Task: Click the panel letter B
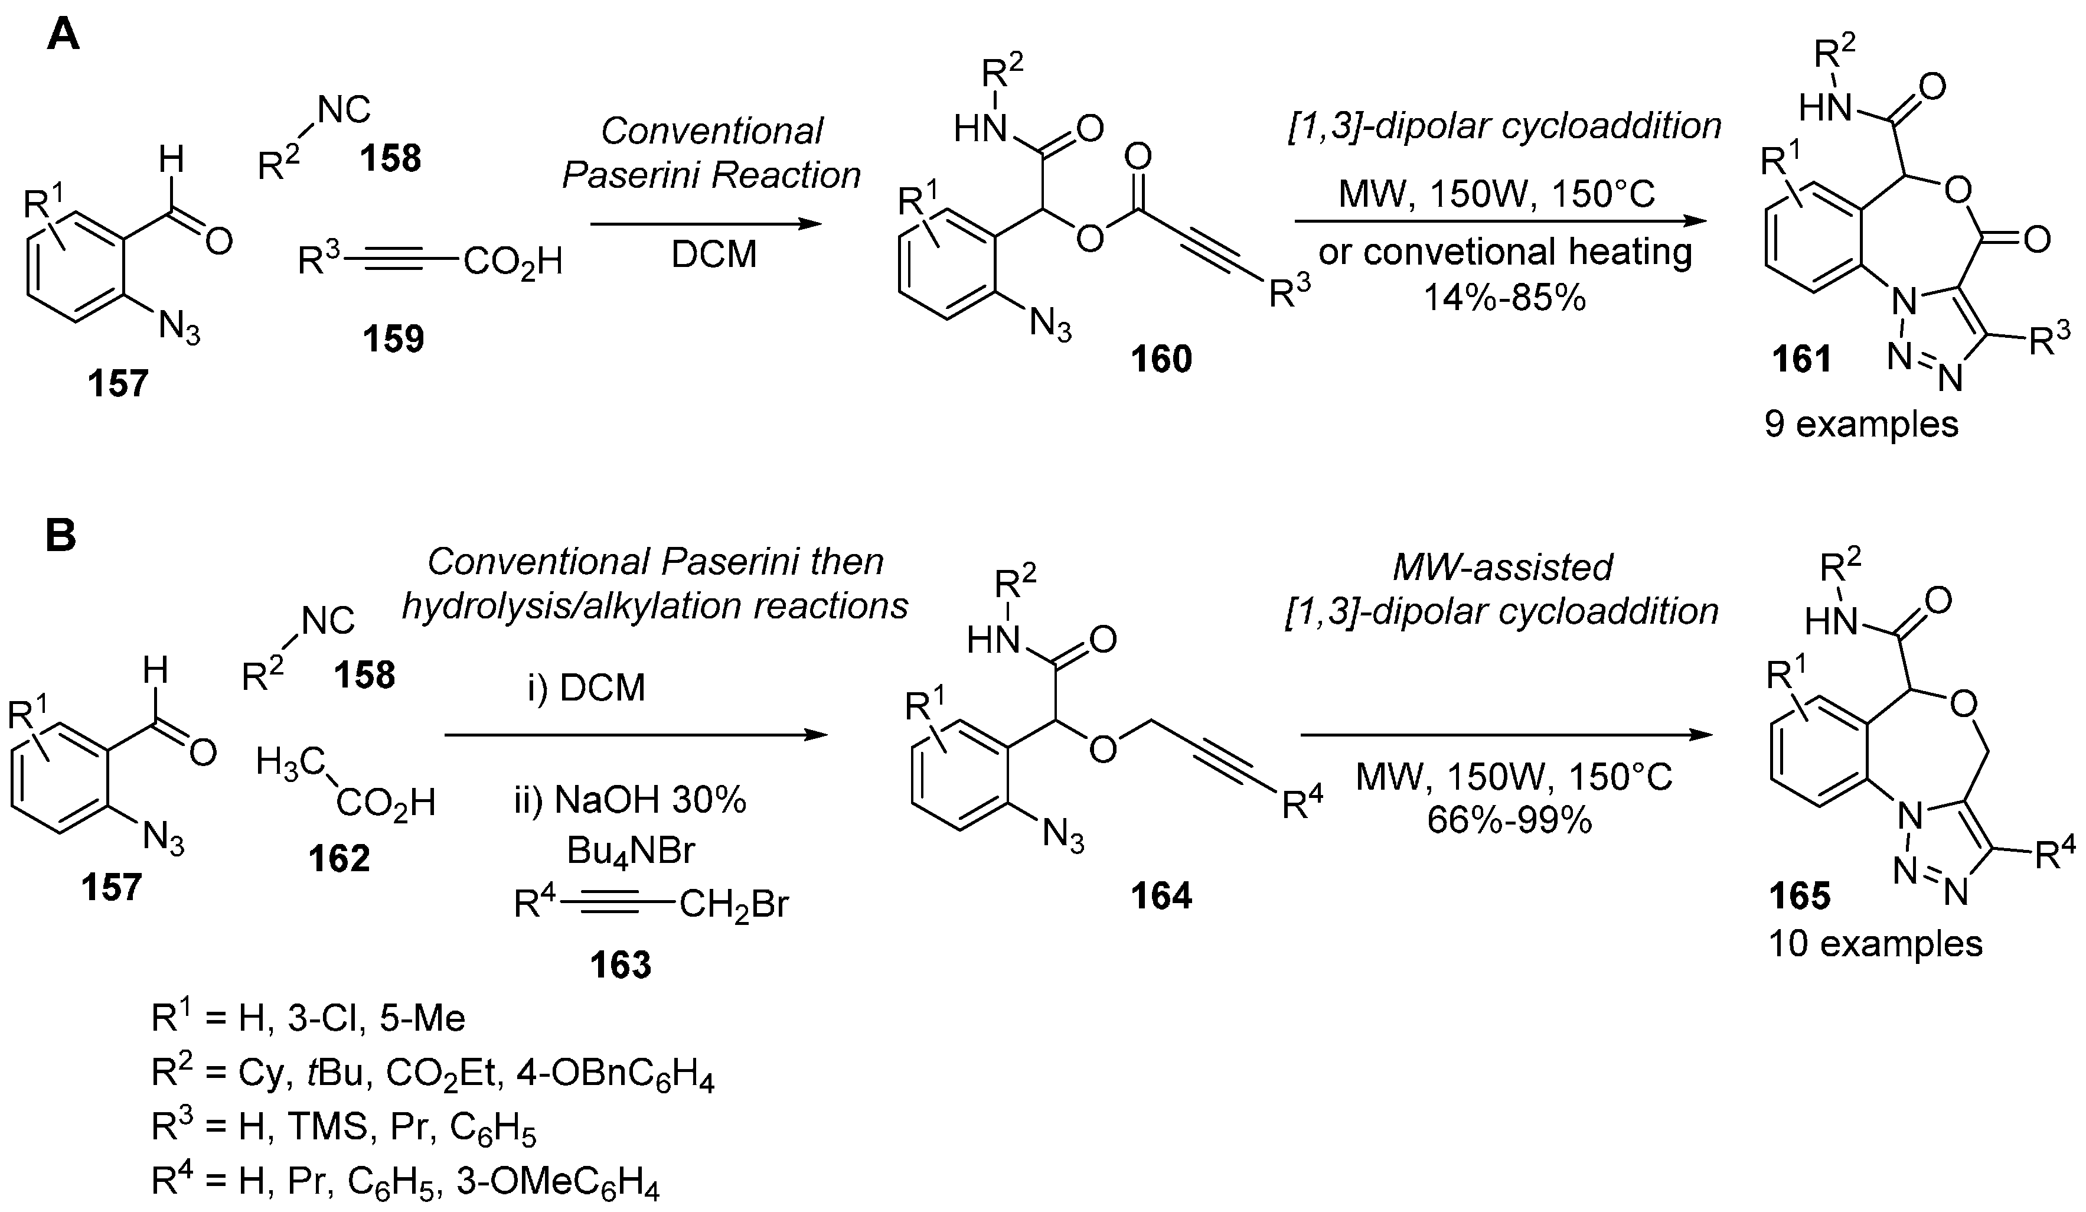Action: [x=60, y=536]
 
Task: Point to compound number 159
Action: [x=393, y=338]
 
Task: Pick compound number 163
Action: [x=620, y=964]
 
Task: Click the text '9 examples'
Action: [x=1861, y=424]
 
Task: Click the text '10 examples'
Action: [x=1875, y=944]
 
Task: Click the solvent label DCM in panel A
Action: [x=714, y=254]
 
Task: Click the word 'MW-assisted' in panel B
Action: [x=1503, y=567]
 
